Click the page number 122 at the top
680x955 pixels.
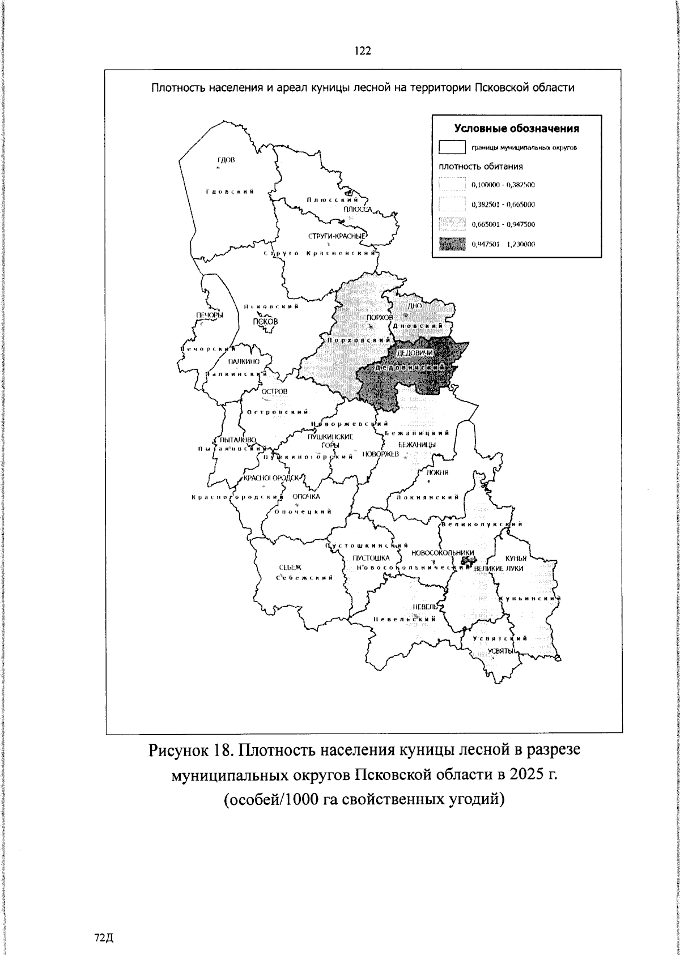[363, 52]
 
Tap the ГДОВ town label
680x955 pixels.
[226, 160]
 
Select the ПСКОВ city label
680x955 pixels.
[266, 321]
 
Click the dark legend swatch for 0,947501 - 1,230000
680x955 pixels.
[452, 244]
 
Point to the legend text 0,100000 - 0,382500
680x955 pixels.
[503, 185]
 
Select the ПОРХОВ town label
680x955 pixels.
[379, 318]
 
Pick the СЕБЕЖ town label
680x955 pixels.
[291, 567]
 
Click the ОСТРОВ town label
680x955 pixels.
[274, 392]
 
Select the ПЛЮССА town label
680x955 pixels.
[357, 210]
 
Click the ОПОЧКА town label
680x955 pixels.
[306, 497]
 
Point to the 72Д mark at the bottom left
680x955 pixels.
[104, 922]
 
